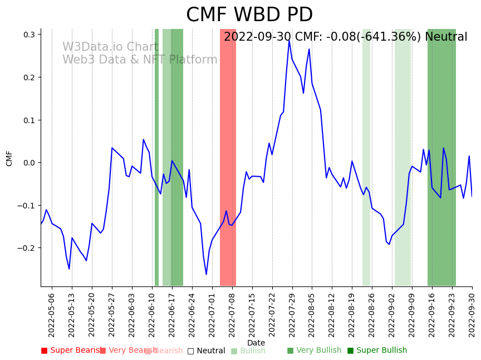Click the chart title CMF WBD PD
tap(249, 15)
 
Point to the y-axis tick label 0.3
tap(30, 35)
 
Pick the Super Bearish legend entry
tap(71, 351)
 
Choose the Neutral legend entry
tap(207, 351)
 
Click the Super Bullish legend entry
tap(377, 351)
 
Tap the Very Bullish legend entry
tap(314, 351)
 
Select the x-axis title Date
tap(256, 343)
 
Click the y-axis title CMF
tap(9, 158)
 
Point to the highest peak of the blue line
tap(289, 40)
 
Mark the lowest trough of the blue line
tap(206, 274)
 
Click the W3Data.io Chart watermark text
tap(110, 47)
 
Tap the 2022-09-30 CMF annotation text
tap(345, 37)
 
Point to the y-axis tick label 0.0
tap(30, 163)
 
